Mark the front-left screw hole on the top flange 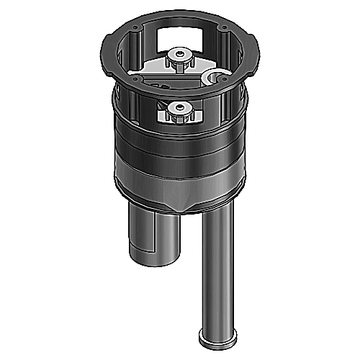tap(134, 77)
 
